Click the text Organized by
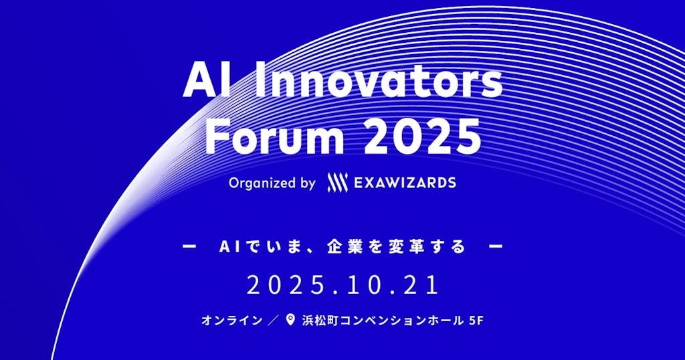(272, 183)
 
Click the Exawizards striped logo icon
(336, 183)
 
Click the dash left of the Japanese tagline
(189, 247)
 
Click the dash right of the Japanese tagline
(496, 247)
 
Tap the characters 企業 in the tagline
(342, 247)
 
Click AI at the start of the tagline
(229, 247)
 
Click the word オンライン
(231, 321)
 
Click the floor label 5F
(474, 321)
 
